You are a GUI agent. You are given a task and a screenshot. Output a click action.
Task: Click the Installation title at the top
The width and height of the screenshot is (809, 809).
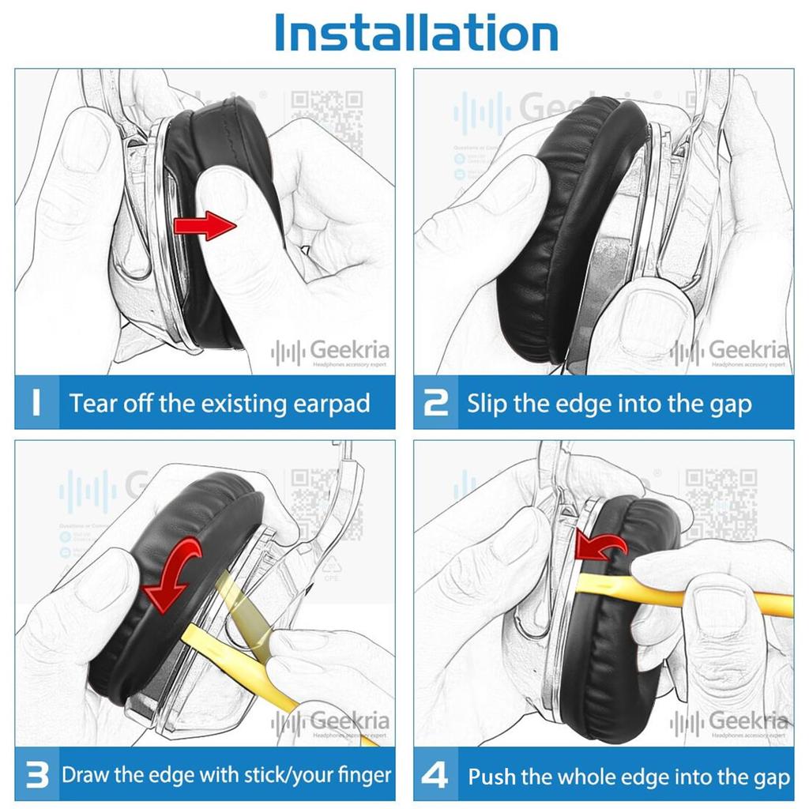point(416,33)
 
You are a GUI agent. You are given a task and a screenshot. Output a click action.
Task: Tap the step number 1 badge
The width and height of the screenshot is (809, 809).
point(36,403)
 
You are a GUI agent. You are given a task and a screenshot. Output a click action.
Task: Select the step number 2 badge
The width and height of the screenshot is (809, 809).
point(436,403)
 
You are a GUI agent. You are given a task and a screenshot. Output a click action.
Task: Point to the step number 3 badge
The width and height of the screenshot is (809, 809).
point(36,775)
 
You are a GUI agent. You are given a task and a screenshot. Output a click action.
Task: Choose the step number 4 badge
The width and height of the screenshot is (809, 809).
point(436,775)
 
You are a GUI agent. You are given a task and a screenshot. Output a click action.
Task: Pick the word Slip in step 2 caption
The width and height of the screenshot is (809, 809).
point(487,404)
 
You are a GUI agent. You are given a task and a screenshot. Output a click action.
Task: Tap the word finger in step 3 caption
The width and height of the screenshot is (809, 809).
point(362,775)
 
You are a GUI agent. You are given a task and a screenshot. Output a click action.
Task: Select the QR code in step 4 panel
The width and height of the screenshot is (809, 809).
point(721,495)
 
